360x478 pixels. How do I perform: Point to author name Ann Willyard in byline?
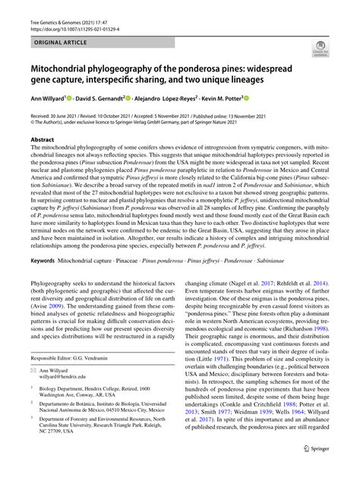click(48, 98)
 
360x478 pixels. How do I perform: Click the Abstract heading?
click(42, 141)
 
